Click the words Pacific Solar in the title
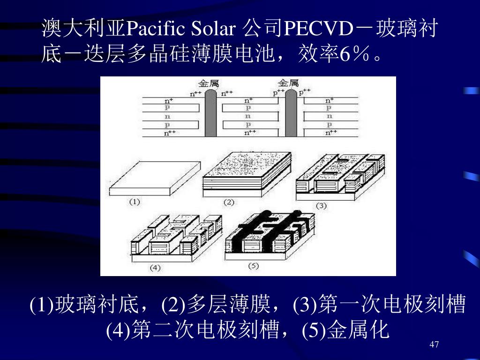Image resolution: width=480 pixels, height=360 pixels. click(180, 30)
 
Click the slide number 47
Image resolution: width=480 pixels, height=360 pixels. click(434, 345)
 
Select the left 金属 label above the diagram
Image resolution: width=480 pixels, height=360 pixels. click(208, 83)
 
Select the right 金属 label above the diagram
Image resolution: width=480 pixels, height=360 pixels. click(288, 83)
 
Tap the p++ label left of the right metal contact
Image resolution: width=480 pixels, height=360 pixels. click(278, 93)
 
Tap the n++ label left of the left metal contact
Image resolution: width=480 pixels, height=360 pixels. click(195, 93)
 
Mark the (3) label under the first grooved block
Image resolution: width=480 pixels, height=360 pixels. click(321, 205)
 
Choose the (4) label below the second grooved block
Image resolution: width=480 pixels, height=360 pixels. click(155, 268)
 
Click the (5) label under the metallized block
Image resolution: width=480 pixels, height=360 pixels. click(253, 266)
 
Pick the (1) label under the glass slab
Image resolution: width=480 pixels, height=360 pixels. click(135, 202)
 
